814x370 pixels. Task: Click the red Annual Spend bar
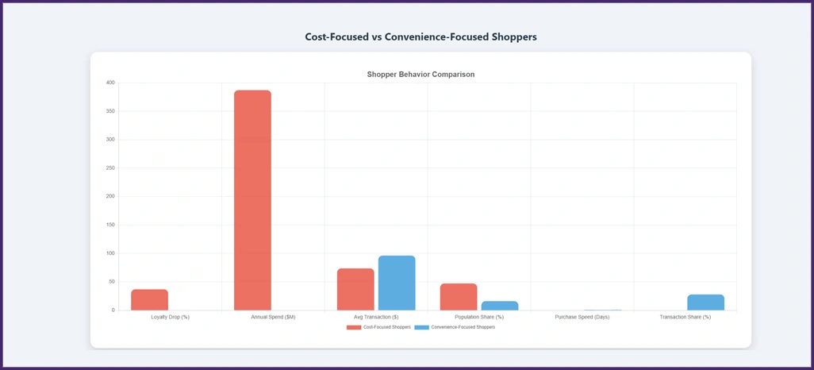point(252,200)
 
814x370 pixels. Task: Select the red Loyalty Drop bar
point(149,299)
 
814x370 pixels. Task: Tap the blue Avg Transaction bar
point(397,283)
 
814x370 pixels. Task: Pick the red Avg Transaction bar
point(355,289)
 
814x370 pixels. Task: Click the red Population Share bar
point(459,296)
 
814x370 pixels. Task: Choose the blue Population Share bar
point(500,306)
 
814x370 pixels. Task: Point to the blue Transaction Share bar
point(705,303)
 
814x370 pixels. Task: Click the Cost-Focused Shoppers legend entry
point(378,327)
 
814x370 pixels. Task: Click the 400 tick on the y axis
point(110,83)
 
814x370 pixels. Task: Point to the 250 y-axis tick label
point(110,168)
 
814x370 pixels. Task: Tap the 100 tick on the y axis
point(110,253)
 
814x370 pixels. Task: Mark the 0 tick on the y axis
point(113,310)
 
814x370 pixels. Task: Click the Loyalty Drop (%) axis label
point(170,317)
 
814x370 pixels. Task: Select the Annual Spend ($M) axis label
point(273,317)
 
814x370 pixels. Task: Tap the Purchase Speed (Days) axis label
point(582,317)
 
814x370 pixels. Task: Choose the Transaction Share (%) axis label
point(685,317)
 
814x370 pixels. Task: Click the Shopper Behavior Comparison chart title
point(420,74)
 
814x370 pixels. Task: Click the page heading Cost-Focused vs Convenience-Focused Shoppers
point(420,37)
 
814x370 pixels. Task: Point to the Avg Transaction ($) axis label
point(376,317)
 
